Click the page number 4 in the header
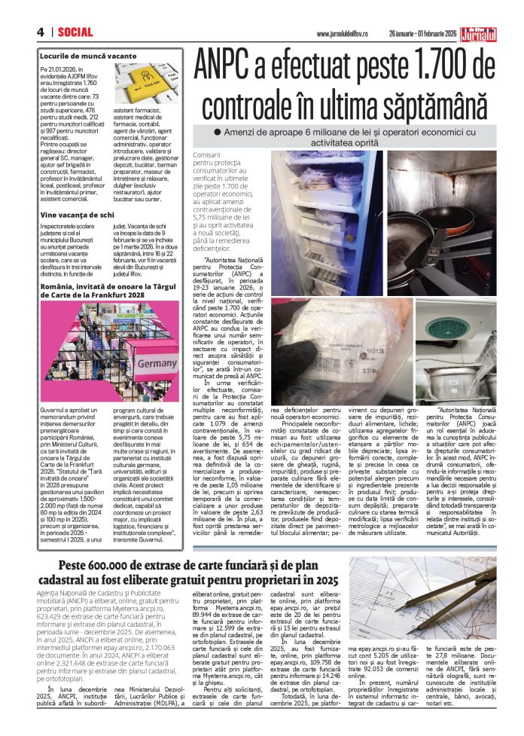click(x=39, y=32)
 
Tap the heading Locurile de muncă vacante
click(x=89, y=56)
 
